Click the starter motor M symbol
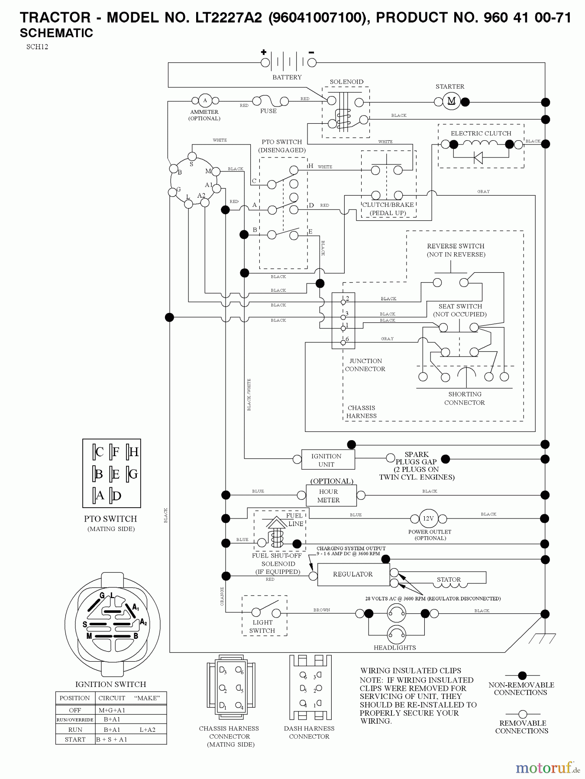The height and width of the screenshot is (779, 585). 451,101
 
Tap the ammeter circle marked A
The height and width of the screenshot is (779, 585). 205,100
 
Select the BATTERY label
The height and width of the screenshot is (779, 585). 287,77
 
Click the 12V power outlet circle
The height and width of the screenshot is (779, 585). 428,518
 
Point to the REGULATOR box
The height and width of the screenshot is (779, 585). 353,574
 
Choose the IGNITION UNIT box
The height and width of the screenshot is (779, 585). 326,460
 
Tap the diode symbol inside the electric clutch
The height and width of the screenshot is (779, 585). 478,158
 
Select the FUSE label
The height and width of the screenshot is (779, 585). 268,111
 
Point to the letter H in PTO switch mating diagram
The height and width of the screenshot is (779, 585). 133,452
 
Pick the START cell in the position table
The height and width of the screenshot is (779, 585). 75,740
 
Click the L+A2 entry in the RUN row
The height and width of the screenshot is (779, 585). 147,730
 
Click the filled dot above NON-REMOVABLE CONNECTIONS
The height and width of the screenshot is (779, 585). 522,675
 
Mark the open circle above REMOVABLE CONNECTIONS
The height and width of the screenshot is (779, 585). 522,714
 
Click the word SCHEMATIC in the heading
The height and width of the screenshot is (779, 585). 56,33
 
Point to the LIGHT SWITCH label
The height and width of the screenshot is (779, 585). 262,627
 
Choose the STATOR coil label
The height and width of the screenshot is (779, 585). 449,579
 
